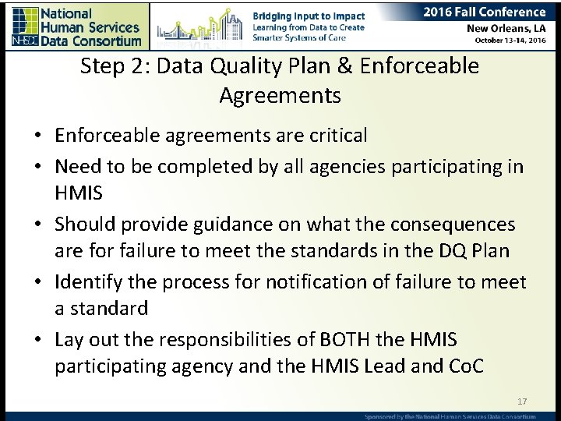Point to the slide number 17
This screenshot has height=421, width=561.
pos(522,402)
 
